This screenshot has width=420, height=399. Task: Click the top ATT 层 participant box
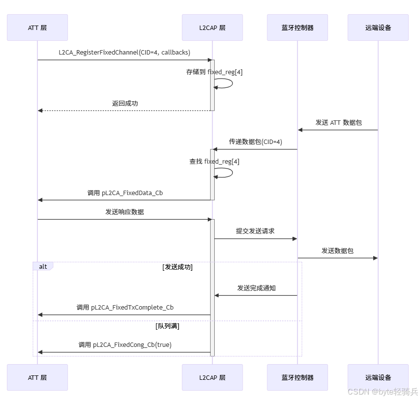coord(37,28)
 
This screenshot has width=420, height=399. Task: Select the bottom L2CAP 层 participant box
coord(212,377)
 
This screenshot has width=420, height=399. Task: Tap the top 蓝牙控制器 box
coord(297,28)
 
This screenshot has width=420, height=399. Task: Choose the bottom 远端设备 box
coord(378,377)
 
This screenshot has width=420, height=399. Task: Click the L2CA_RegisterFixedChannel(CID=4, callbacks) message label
coord(125,52)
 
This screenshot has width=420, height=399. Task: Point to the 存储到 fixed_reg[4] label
coord(214,72)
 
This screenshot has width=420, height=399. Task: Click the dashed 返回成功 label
coord(125,103)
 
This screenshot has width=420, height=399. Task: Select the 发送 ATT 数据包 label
coord(338,122)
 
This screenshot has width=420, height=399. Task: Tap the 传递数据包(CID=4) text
coord(255,142)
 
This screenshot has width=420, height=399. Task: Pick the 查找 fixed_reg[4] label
coord(214,161)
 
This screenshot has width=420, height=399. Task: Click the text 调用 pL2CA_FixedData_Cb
coord(125,193)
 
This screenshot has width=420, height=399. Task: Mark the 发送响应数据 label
coord(125,212)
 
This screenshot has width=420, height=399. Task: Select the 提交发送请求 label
coord(255,231)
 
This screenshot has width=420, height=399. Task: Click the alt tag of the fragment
coord(43,266)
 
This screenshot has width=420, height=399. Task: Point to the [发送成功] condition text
coord(177,267)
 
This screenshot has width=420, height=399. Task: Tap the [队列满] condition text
coord(167,326)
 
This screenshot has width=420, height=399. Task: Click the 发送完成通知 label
coord(256,288)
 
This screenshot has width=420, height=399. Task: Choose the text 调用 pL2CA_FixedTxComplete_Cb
coord(125,308)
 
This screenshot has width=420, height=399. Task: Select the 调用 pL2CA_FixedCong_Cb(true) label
coord(125,345)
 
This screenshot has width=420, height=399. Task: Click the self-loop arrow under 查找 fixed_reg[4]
coord(226,172)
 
